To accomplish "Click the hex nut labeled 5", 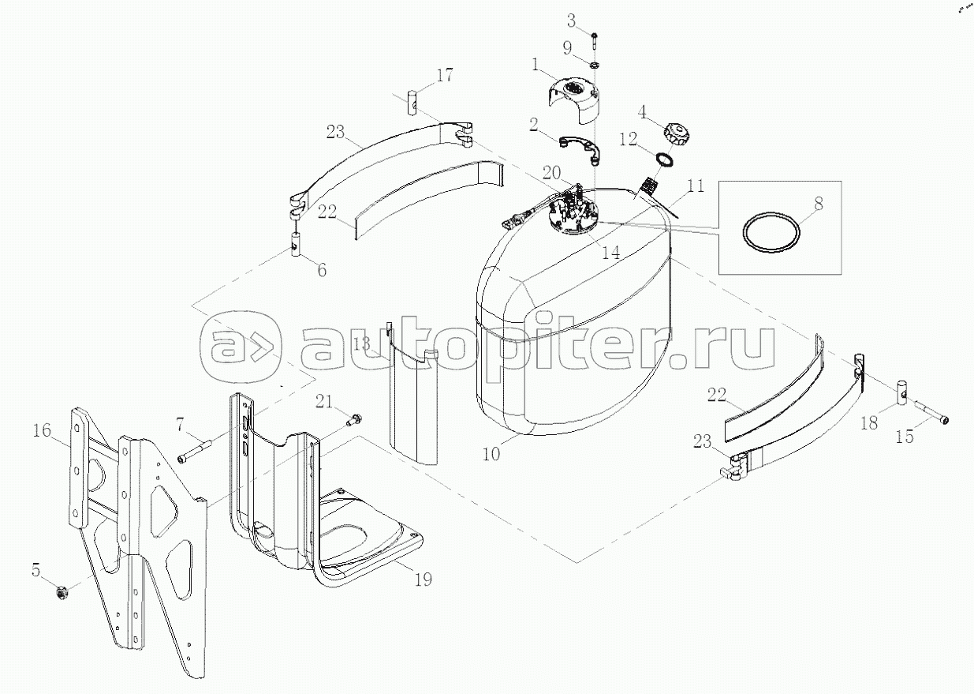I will [x=64, y=590].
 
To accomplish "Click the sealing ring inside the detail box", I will [x=769, y=234].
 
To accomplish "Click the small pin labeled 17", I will [x=411, y=103].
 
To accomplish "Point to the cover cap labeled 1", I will [x=573, y=99].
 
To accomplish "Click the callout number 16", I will [x=42, y=430].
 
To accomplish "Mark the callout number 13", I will [x=361, y=344].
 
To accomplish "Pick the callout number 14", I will [x=610, y=254].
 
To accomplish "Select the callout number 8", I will [x=818, y=204].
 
